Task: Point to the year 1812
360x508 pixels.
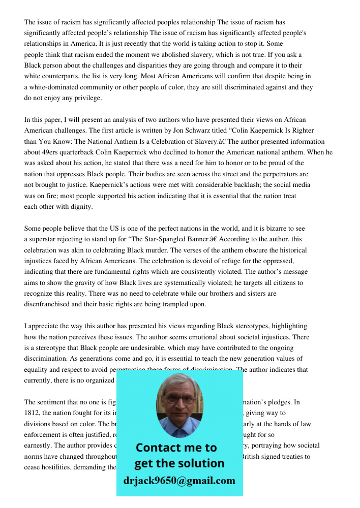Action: click(32, 413)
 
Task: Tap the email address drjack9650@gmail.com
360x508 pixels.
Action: click(179, 481)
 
